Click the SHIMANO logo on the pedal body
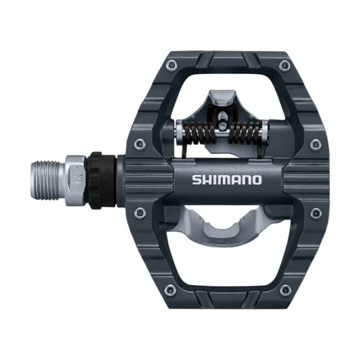point(227,179)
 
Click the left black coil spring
point(199,132)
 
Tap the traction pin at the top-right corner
point(285,66)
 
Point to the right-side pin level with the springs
point(315,145)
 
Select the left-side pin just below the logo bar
point(140,212)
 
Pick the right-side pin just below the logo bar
point(315,212)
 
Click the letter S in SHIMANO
point(197,179)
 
